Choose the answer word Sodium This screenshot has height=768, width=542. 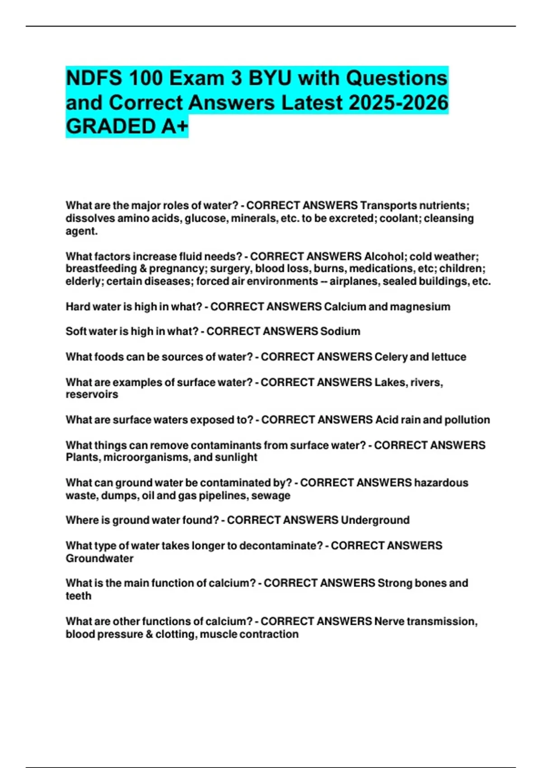point(340,331)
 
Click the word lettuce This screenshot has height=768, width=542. point(449,356)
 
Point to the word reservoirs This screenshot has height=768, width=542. point(92,394)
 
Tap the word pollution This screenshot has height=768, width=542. point(467,420)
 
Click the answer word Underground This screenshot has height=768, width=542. point(375,520)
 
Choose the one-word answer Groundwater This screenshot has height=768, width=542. point(99,558)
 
